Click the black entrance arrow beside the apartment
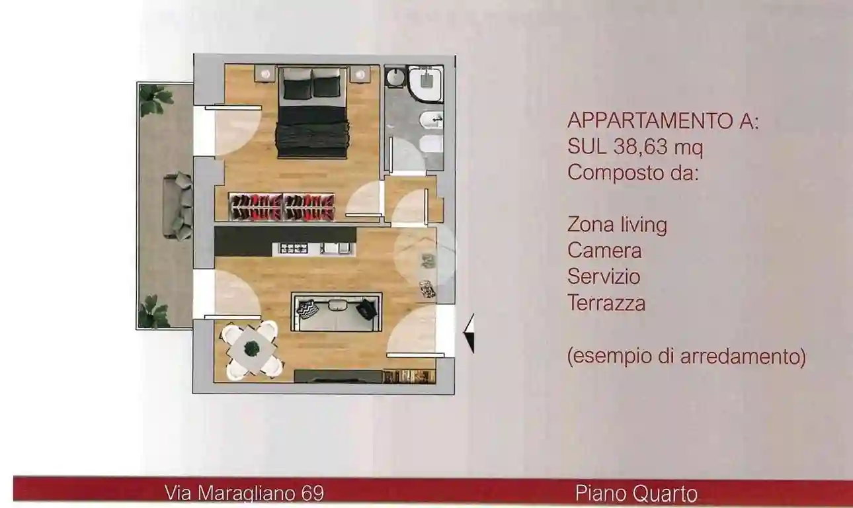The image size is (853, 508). [469, 333]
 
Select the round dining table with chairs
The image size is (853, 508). [252, 349]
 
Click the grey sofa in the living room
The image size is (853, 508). [336, 312]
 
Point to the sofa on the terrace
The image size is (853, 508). [177, 205]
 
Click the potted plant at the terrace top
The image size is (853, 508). [153, 99]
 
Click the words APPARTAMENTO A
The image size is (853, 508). [663, 122]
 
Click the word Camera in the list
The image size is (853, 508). [604, 251]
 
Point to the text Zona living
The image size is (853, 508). [617, 225]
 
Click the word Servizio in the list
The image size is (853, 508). [604, 276]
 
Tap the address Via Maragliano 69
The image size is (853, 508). [244, 493]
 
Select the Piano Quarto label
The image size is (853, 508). [636, 493]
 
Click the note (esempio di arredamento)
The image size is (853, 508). [686, 357]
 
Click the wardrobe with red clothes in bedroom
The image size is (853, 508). [281, 206]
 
